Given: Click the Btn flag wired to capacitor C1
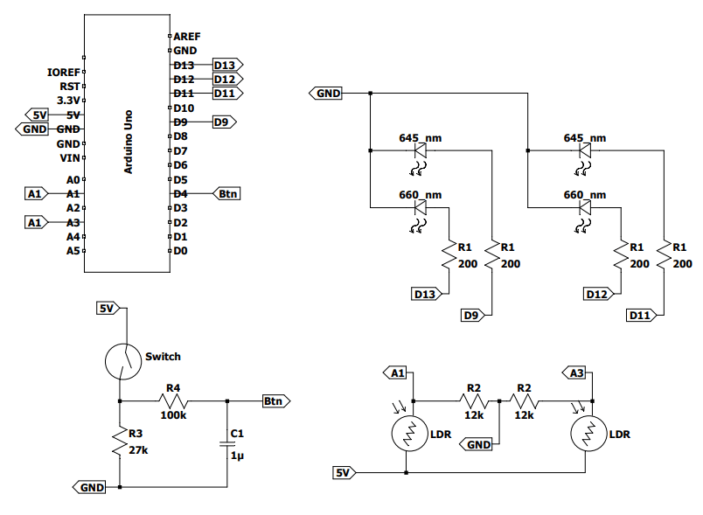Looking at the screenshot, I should (275, 401).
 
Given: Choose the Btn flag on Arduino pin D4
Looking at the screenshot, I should (227, 193).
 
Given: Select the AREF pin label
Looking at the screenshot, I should (186, 37).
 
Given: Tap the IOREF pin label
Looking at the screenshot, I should (64, 73).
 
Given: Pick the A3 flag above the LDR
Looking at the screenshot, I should (576, 373).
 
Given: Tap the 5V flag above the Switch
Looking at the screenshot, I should (107, 309).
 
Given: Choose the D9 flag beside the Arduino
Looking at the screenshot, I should (224, 122).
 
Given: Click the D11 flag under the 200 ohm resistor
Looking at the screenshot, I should (641, 315).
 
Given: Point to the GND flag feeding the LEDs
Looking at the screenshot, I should (327, 93).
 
